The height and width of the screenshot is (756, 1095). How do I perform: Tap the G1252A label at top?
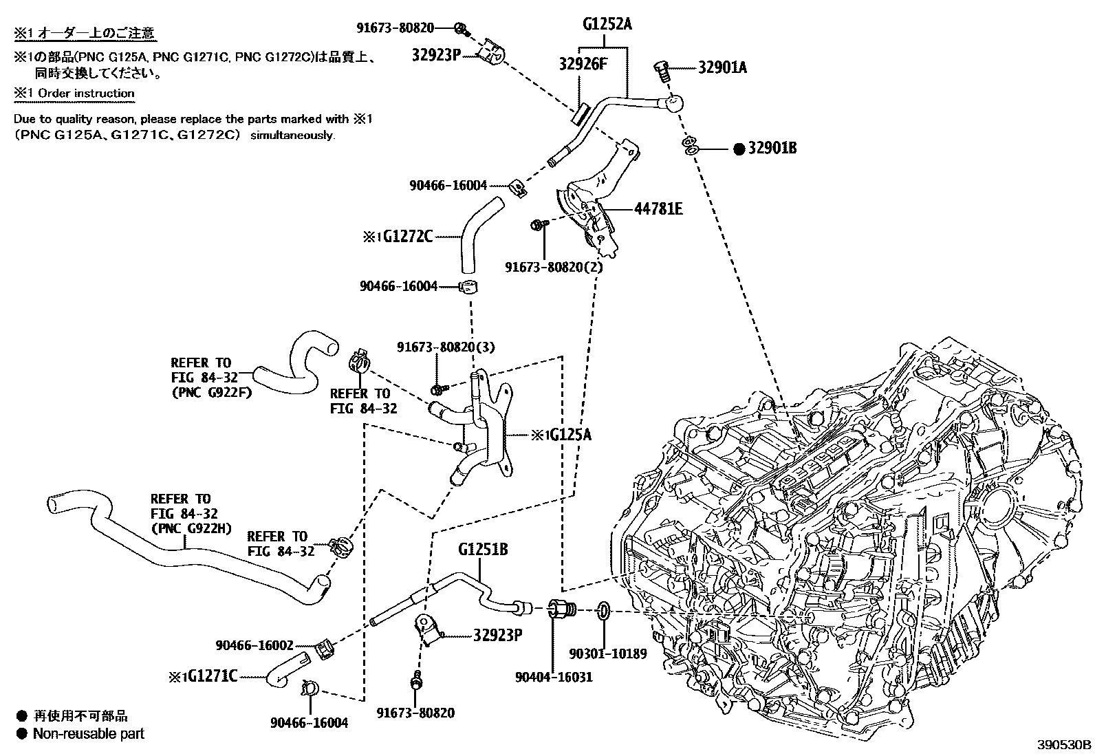[607, 25]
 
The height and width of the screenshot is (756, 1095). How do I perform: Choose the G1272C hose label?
[407, 237]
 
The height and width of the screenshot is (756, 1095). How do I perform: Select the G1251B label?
[483, 550]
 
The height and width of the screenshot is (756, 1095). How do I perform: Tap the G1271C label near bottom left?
[212, 677]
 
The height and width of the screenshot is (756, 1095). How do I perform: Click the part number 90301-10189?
[607, 654]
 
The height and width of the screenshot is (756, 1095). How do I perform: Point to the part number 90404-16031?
[554, 677]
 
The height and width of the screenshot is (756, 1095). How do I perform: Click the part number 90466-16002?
[254, 645]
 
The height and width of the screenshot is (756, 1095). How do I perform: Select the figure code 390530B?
[1064, 745]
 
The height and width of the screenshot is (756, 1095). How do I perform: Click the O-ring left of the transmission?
[603, 611]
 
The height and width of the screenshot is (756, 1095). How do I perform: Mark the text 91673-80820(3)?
[445, 347]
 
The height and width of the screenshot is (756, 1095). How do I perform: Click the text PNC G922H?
[191, 528]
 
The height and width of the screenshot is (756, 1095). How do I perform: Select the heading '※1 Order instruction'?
[74, 93]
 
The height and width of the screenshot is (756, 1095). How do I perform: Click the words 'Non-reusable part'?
[88, 734]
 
